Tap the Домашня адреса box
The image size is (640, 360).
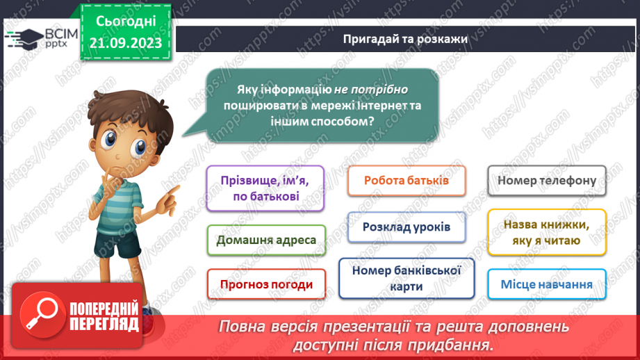266,240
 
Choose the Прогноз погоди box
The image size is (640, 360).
266,284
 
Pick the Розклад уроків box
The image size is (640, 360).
406,227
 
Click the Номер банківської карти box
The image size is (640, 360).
407,279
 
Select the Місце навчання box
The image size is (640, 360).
546,284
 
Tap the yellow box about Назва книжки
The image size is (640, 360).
547,233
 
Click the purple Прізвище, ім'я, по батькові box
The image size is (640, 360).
266,188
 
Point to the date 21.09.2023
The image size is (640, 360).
125,42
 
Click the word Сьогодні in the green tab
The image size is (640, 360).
126,21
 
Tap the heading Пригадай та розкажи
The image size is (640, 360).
405,39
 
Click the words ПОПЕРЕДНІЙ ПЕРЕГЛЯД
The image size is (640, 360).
104,316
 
